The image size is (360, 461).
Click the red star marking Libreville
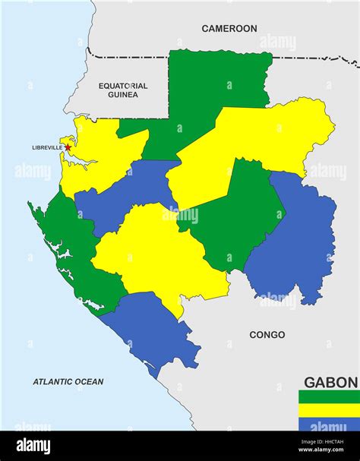68,148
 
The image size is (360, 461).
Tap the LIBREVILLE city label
47,148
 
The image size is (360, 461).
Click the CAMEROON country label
229,29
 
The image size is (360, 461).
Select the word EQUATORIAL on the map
122,86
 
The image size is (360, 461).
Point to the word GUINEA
122,96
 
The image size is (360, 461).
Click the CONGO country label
267,335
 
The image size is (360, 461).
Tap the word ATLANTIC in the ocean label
55,382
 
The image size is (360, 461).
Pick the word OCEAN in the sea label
90,382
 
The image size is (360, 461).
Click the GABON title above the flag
330,382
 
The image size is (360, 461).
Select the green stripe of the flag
329,396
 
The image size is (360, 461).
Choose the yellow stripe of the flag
329,410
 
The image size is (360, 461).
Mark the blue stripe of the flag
329,424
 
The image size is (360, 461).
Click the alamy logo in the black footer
33,447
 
